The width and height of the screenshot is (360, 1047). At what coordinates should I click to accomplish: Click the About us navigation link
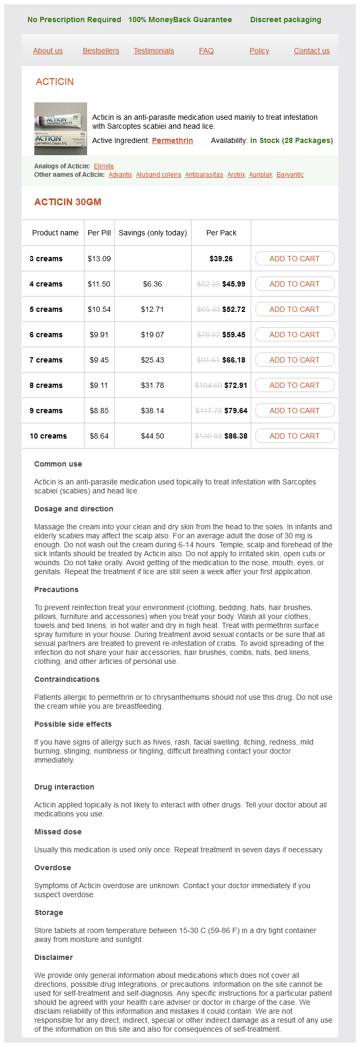click(x=48, y=51)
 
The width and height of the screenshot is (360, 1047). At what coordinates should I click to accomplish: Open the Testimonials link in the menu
click(x=154, y=51)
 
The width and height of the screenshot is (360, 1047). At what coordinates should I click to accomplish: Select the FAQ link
click(x=206, y=51)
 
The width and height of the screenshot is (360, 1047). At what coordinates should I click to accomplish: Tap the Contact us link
click(x=311, y=51)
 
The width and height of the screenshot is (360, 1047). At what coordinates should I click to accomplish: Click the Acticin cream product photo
click(x=61, y=129)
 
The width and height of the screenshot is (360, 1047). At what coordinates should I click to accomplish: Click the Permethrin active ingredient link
click(x=173, y=140)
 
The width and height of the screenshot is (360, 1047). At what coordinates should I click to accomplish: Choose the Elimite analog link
click(x=104, y=166)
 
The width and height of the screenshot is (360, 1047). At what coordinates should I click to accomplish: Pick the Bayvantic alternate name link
click(x=290, y=175)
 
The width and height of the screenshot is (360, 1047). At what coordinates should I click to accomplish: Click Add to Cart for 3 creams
click(x=295, y=259)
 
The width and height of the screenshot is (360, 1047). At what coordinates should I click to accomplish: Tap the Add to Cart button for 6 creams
click(x=295, y=335)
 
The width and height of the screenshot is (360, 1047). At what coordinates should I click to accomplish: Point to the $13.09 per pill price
click(x=99, y=259)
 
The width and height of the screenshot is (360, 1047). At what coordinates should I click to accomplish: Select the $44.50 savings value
click(x=153, y=436)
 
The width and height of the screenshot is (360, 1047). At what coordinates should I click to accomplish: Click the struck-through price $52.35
click(x=208, y=284)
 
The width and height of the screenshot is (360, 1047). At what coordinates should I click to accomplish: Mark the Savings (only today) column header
click(x=153, y=233)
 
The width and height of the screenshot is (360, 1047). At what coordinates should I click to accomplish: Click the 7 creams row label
click(x=46, y=360)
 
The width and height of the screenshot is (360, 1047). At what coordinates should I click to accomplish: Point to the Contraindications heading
click(x=67, y=679)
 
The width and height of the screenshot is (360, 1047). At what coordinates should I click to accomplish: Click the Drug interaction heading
click(x=64, y=787)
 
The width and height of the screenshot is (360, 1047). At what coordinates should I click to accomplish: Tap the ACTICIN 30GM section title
click(x=68, y=202)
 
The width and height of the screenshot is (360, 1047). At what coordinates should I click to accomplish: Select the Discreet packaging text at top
click(x=286, y=20)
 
